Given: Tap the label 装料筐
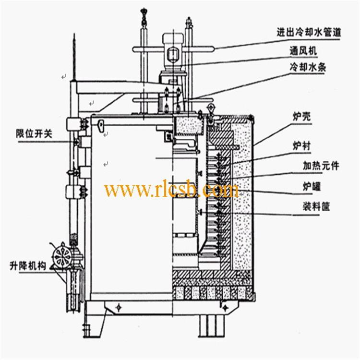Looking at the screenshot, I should pyautogui.click(x=314, y=207).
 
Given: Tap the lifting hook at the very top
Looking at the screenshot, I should pyautogui.click(x=143, y=16).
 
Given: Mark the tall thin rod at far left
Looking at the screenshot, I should pyautogui.click(x=73, y=58).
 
